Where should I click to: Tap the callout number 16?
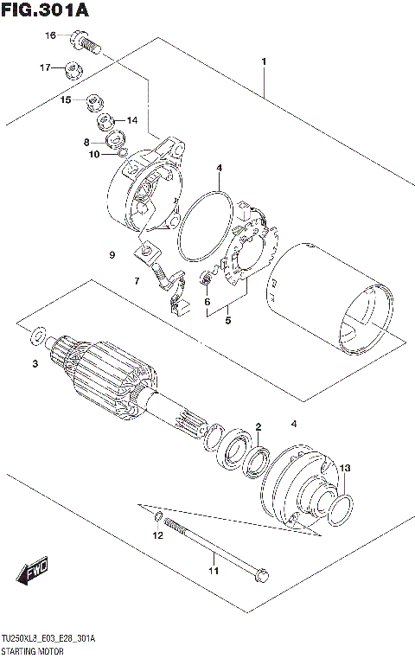coord(50,35)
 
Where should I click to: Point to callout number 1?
coord(264,61)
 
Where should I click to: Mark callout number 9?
coord(112,254)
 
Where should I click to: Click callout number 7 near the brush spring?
coord(136,281)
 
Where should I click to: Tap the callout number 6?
coord(207,301)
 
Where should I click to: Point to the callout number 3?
coord(35,364)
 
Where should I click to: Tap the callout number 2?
coord(258,427)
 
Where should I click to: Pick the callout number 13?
coord(345,468)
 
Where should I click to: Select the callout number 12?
coord(157,536)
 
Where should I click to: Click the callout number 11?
coord(213,570)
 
